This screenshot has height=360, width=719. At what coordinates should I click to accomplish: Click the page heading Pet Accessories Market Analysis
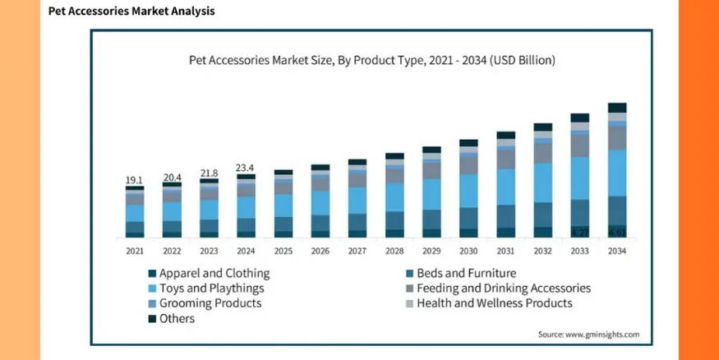(131, 12)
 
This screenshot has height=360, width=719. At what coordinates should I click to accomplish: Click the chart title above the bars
(372, 60)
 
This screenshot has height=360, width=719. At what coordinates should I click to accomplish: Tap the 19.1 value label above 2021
(134, 180)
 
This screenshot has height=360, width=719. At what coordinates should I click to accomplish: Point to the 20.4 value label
(172, 177)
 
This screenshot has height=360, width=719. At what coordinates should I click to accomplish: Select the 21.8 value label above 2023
(210, 173)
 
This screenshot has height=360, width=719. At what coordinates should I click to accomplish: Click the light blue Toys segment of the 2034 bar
(617, 173)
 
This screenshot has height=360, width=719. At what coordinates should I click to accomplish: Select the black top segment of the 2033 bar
(580, 118)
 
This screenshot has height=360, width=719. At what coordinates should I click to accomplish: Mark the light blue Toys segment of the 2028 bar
(394, 197)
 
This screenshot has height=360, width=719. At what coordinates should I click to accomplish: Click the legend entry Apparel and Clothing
(209, 274)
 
